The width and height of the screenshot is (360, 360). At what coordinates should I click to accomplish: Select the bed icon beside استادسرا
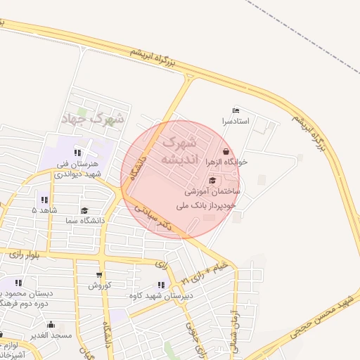pyautogui.click(x=236, y=111)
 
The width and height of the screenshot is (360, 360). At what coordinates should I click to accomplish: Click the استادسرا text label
pyautogui.click(x=236, y=122)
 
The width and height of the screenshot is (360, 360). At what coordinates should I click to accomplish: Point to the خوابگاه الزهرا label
pyautogui.click(x=226, y=162)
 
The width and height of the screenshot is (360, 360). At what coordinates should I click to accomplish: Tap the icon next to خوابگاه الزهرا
pyautogui.click(x=226, y=151)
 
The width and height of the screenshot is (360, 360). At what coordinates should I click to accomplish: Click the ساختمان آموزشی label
pyautogui.click(x=212, y=191)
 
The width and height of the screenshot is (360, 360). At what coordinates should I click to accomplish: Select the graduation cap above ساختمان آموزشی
pyautogui.click(x=212, y=180)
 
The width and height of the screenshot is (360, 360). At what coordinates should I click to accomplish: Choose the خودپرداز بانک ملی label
pyautogui.click(x=208, y=205)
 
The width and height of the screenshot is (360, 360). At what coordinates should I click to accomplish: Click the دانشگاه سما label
pyautogui.click(x=84, y=220)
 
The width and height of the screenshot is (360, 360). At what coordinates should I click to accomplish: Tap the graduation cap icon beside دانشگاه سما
pyautogui.click(x=84, y=210)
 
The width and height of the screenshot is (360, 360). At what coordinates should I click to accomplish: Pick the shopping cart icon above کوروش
pyautogui.click(x=99, y=275)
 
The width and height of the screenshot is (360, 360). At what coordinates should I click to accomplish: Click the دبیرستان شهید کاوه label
pyautogui.click(x=161, y=295)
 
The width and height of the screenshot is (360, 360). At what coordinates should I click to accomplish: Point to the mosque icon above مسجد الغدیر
pyautogui.click(x=51, y=325)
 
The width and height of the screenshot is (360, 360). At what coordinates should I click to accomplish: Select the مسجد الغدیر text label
pyautogui.click(x=51, y=335)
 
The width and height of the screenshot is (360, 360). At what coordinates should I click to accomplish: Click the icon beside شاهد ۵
pyautogui.click(x=45, y=200)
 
